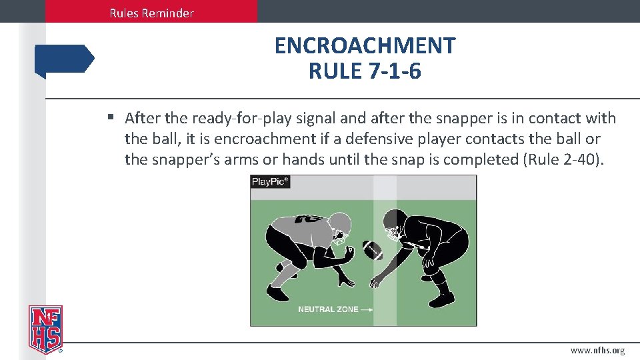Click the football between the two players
tap(373, 250)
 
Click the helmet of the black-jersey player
tap(395, 226)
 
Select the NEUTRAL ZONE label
tap(327, 309)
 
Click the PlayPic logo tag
tap(270, 181)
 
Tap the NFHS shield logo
tap(45, 329)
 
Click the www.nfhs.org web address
tap(597, 351)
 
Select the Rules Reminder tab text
tap(152, 13)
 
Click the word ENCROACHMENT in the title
tap(365, 46)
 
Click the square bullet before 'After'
tap(111, 118)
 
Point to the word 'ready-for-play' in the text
tap(239, 119)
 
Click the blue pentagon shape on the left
tap(65, 59)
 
